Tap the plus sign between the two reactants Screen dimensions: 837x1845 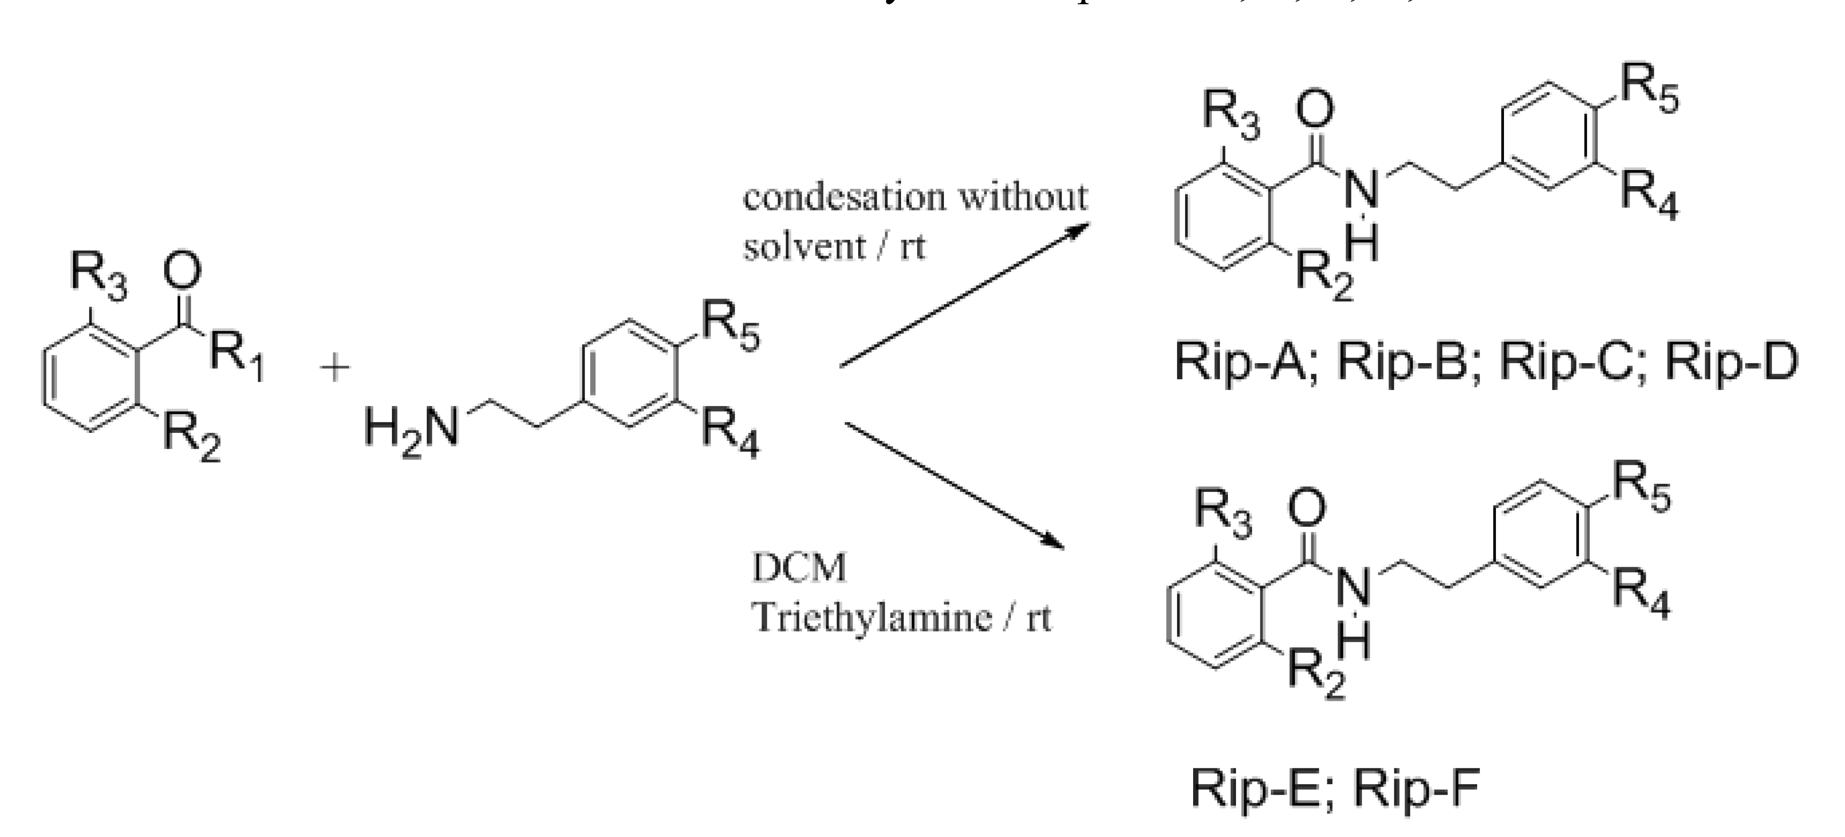[x=334, y=369]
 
